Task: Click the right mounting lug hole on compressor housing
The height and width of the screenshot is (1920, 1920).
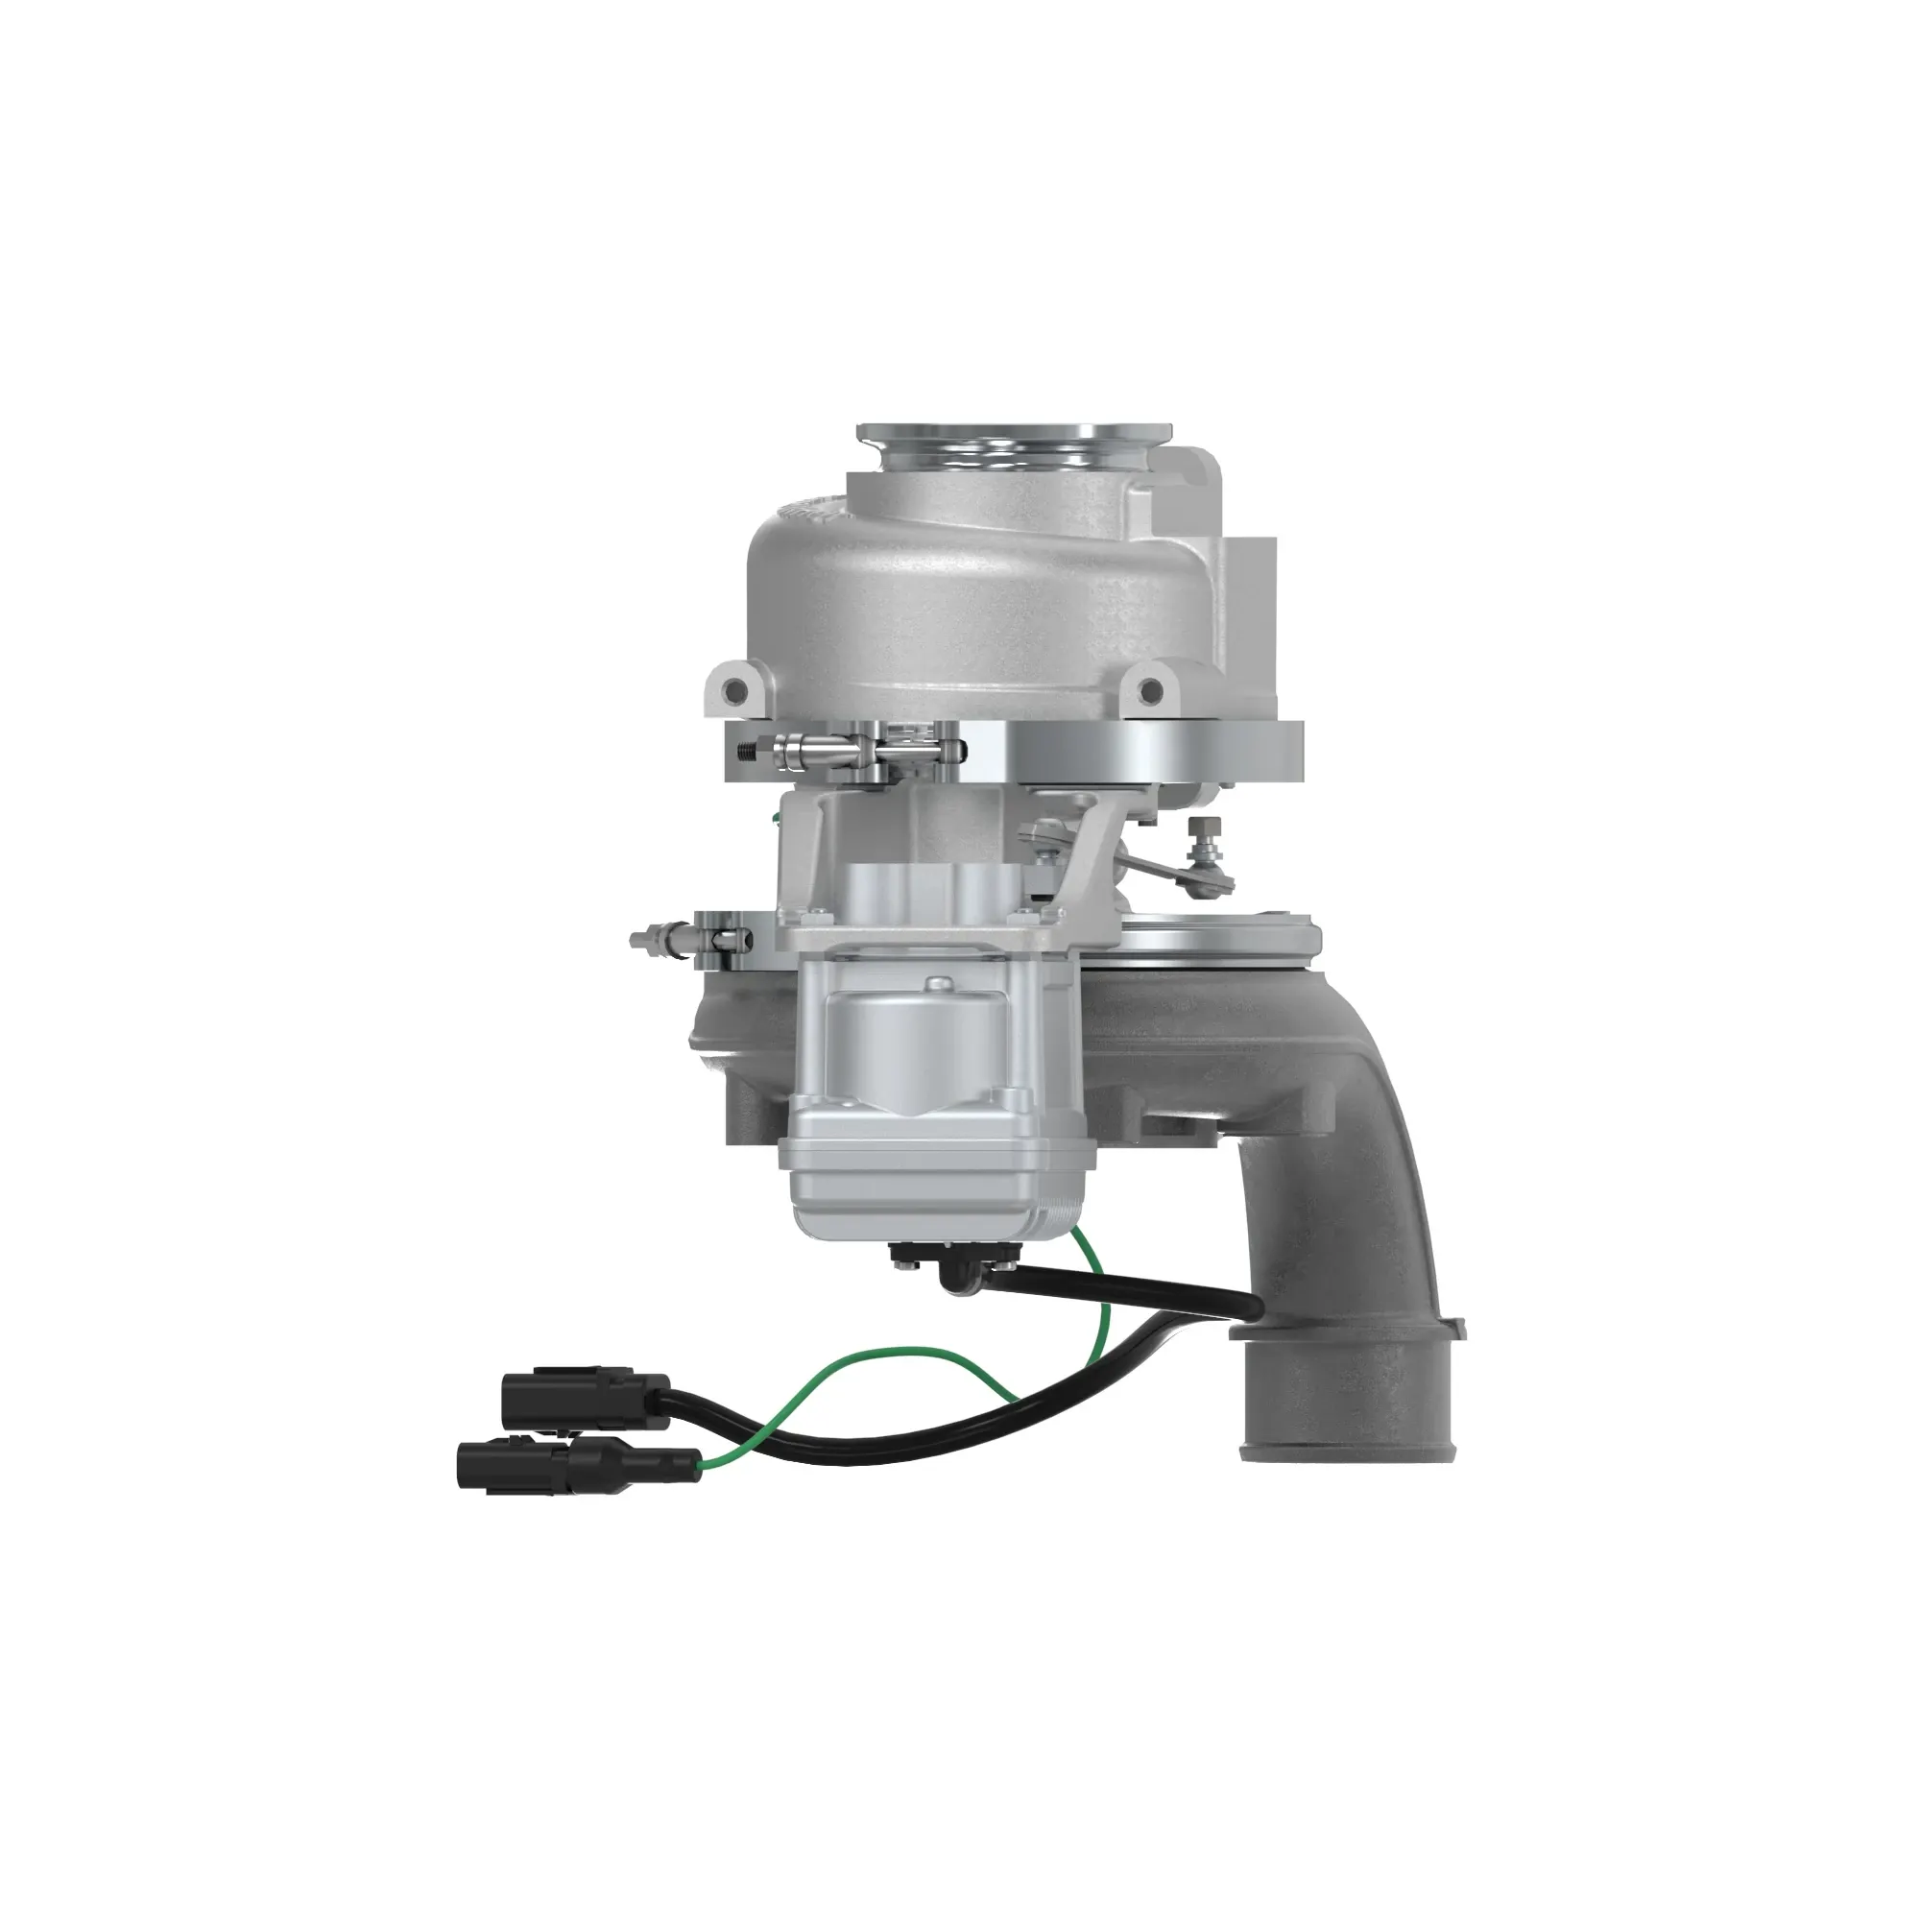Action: pos(1150,688)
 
